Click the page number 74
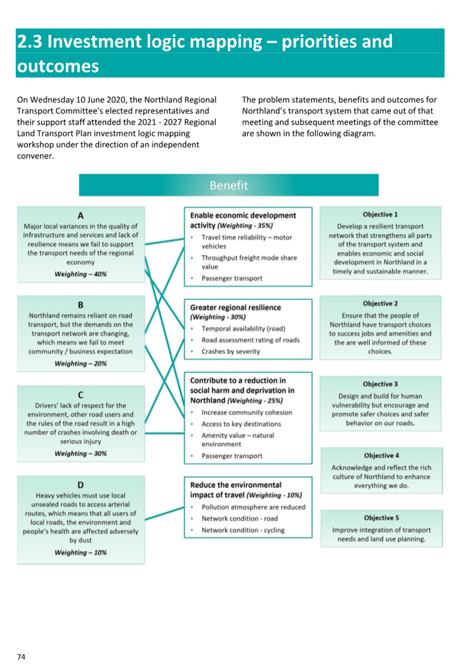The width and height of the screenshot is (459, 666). (x=21, y=657)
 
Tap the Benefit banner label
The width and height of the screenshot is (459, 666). (x=228, y=185)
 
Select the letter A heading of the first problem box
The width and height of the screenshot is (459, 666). (x=81, y=215)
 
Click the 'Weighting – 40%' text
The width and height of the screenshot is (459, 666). (x=81, y=274)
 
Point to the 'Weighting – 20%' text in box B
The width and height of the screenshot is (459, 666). (x=81, y=363)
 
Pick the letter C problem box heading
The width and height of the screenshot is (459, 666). (x=81, y=395)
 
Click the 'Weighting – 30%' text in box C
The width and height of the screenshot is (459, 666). (x=81, y=453)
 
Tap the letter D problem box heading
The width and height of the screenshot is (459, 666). (x=81, y=485)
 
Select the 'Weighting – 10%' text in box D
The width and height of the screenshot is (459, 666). (x=81, y=553)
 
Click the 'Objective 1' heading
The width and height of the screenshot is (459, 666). (x=380, y=214)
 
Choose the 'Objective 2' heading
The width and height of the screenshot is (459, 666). (x=380, y=303)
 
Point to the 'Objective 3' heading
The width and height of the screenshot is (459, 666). (x=380, y=384)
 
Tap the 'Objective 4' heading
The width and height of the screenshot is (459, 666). (x=382, y=455)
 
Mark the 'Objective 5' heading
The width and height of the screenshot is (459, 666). (x=382, y=518)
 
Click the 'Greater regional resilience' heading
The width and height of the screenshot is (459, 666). (x=235, y=308)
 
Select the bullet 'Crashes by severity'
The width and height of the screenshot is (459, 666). (x=231, y=352)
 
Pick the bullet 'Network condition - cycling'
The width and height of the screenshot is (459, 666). (x=243, y=530)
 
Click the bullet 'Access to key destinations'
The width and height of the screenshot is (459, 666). (x=241, y=424)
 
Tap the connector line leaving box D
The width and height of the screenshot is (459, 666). (x=165, y=513)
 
